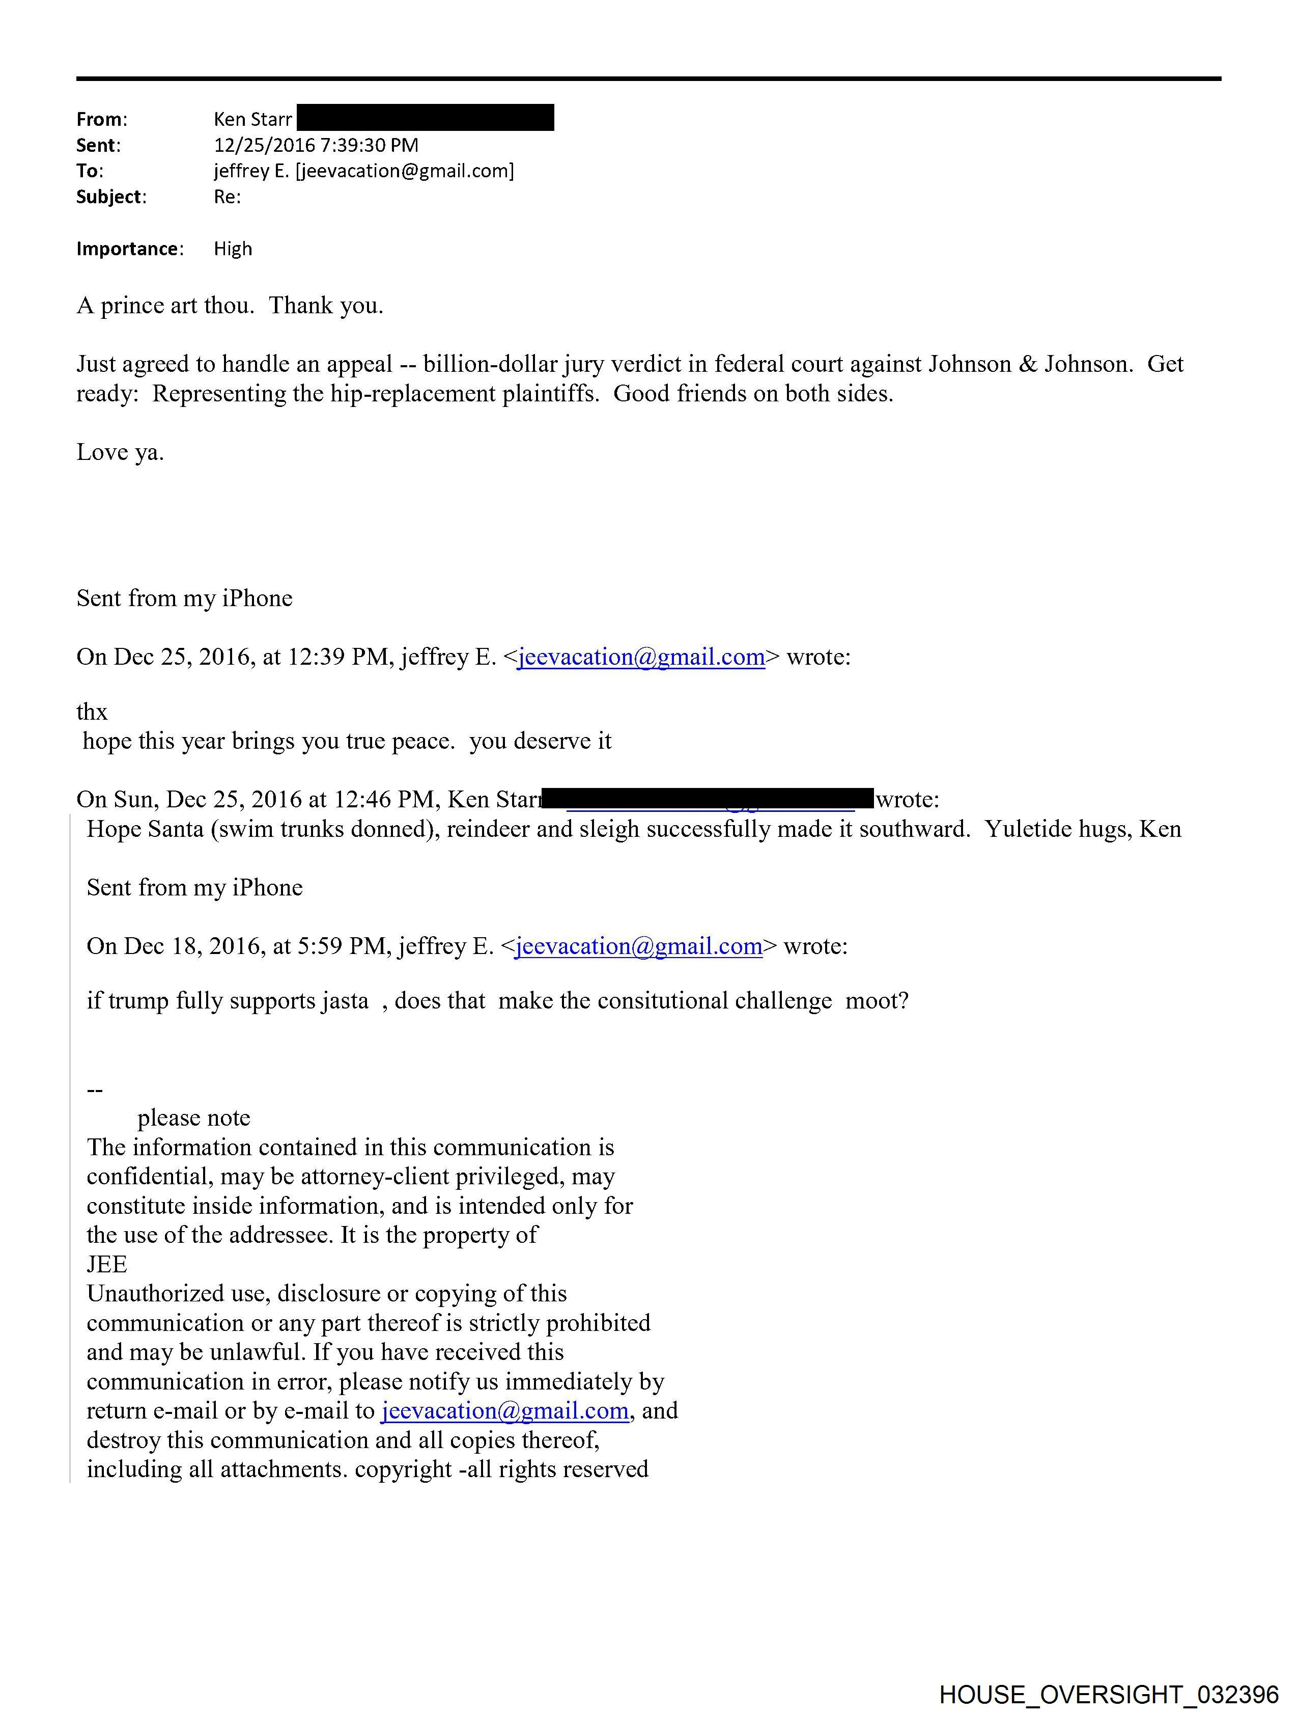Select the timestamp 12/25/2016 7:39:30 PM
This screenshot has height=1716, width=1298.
[x=316, y=145]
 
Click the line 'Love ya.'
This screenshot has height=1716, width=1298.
[x=120, y=452]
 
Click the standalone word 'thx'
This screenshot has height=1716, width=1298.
[x=92, y=712]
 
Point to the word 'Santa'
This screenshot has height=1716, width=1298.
[x=176, y=829]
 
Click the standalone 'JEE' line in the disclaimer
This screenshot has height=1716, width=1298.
[x=106, y=1265]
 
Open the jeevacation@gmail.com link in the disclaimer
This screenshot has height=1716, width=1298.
[x=504, y=1410]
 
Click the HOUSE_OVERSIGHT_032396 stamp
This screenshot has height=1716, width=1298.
[x=1108, y=1694]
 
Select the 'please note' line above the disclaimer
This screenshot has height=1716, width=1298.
[x=194, y=1118]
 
